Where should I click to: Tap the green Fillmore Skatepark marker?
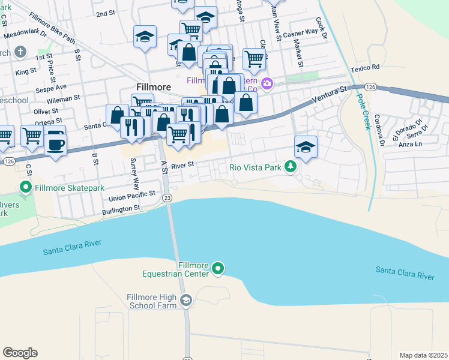26,188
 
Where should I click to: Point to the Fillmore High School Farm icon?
186,301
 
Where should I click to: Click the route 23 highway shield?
167,197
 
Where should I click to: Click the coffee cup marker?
55,144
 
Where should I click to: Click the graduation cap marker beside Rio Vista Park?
306,147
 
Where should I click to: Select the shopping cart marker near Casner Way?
255,59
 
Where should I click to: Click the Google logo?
20,353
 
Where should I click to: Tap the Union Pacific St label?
132,196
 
